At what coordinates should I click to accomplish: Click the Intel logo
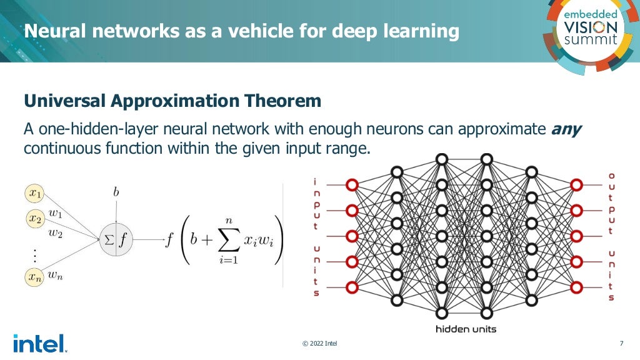tap(39, 343)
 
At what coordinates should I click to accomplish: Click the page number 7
tap(621, 343)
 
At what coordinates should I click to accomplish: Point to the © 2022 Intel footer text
tap(319, 343)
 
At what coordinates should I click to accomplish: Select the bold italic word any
tap(566, 130)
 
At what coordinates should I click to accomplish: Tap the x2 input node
tap(36, 219)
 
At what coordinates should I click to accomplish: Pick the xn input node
tap(36, 276)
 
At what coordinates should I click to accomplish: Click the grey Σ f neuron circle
tap(116, 238)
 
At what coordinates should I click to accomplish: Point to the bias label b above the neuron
tap(116, 192)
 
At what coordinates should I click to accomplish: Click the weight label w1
tap(56, 213)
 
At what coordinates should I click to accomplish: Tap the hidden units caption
tap(462, 329)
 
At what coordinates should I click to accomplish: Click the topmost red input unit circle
tap(352, 185)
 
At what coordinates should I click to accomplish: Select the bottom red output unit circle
tap(576, 288)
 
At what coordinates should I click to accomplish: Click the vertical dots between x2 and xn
tap(35, 254)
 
